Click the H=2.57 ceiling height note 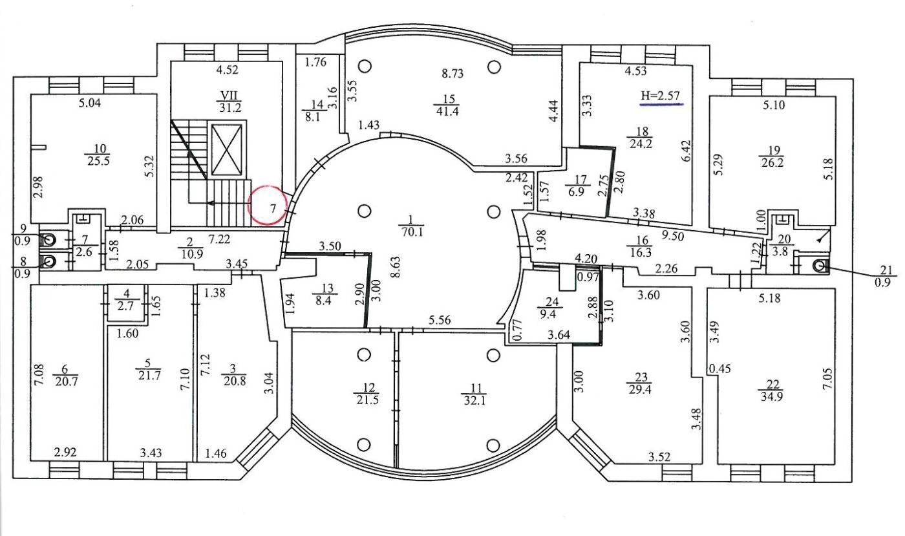tap(661, 96)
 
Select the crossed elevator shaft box tap(227, 150)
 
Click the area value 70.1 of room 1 tap(412, 232)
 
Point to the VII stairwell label tap(229, 96)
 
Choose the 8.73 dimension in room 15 tap(452, 74)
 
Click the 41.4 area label tap(447, 111)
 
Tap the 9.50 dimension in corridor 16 tap(672, 235)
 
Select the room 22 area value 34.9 tap(772, 396)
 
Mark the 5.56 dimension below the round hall tap(440, 321)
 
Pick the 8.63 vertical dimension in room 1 tap(397, 266)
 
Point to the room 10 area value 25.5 tap(98, 161)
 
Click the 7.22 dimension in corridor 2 tap(219, 239)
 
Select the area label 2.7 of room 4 tap(125, 306)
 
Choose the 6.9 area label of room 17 tap(577, 191)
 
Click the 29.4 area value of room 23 tap(640, 390)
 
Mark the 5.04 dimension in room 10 tap(90, 103)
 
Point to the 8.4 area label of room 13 tap(323, 301)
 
